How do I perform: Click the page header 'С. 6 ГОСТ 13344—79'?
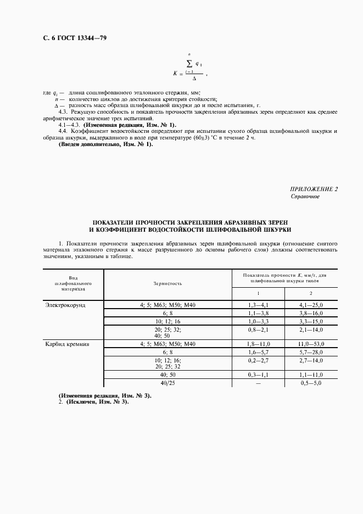66,38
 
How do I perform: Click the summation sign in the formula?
189,64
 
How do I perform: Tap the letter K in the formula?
175,73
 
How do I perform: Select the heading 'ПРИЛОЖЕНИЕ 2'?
314,189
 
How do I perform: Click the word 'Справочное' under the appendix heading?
305,196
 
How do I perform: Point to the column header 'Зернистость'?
167,283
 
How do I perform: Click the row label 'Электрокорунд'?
66,304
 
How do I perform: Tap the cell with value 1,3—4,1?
258,304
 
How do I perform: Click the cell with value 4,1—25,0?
310,304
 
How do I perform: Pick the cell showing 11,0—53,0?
310,344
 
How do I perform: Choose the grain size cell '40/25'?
167,382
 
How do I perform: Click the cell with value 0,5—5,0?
310,382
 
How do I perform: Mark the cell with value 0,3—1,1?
258,375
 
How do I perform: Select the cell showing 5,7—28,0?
310,351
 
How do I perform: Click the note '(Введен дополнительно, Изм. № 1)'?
106,144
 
